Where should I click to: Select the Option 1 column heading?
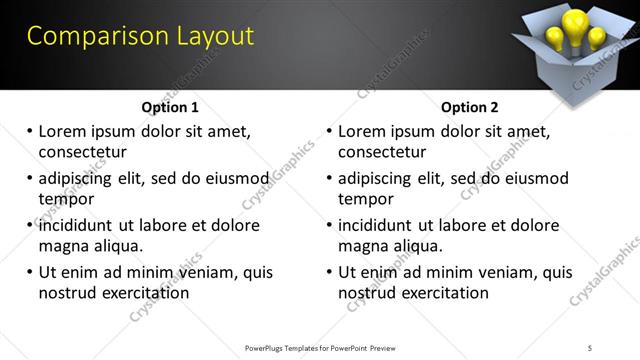(170, 107)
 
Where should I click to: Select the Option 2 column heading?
(469, 107)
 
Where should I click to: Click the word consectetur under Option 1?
(82, 152)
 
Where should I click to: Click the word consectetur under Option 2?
(382, 152)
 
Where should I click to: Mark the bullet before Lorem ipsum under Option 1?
(30, 131)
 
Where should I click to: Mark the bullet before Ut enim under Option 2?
(330, 272)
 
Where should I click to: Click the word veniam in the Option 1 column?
(209, 272)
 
